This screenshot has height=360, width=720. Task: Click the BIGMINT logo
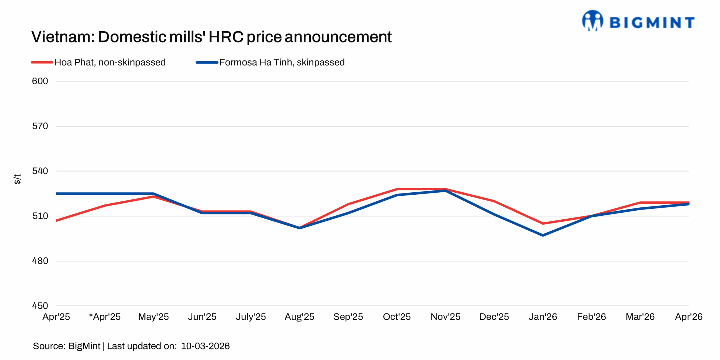click(638, 21)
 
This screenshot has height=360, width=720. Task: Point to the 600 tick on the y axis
click(40, 81)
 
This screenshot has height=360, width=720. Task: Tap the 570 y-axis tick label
click(40, 126)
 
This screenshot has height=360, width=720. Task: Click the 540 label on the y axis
click(40, 171)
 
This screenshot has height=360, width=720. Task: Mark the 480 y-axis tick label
click(40, 261)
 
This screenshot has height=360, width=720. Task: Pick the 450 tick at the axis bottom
click(40, 306)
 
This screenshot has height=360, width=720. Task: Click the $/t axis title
click(17, 179)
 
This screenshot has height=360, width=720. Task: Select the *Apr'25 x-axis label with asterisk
click(105, 317)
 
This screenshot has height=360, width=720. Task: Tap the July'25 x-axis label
click(251, 317)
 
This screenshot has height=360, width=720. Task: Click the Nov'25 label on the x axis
click(445, 317)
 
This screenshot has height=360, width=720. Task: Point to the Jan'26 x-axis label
click(543, 317)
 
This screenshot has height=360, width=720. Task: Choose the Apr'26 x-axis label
click(688, 317)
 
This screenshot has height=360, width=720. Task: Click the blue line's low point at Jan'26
click(543, 235)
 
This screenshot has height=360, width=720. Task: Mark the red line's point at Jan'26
click(543, 224)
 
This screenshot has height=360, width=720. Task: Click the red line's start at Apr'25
click(57, 220)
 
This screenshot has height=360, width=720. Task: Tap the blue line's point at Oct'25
click(397, 195)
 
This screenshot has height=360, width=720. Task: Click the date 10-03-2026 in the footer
click(205, 346)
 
